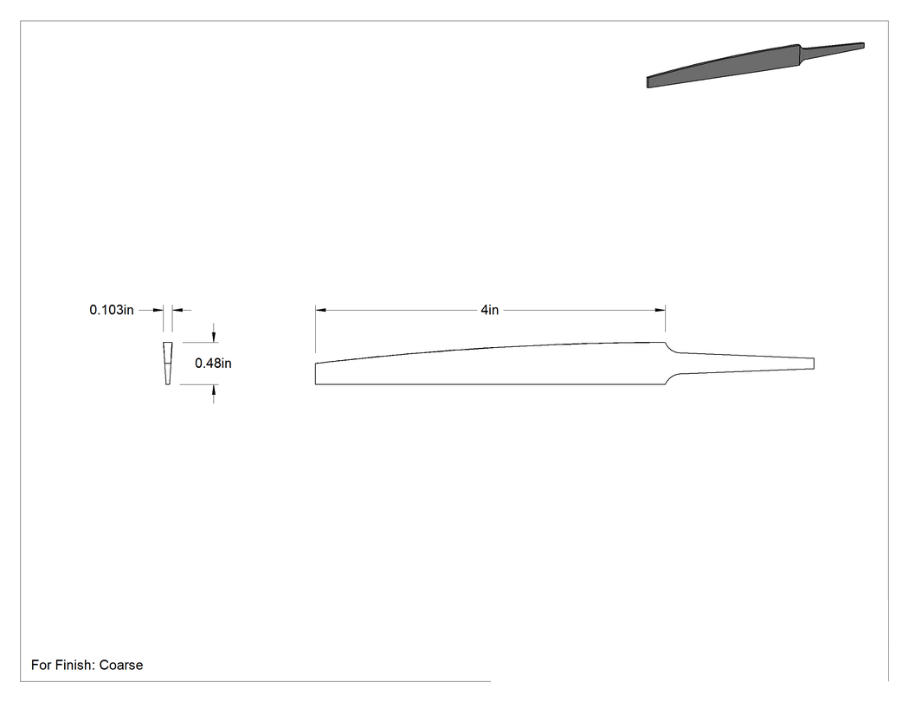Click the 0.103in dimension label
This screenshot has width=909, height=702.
click(112, 310)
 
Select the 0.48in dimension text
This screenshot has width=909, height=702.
click(213, 364)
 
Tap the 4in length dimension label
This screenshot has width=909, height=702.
click(489, 310)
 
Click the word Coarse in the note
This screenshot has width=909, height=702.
click(121, 665)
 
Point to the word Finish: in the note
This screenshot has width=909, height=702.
click(75, 665)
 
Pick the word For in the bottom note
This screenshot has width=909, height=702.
click(42, 665)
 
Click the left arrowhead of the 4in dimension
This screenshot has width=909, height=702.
click(320, 310)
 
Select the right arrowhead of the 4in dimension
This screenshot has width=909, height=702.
click(661, 310)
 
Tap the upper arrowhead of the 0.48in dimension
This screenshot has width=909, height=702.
click(214, 338)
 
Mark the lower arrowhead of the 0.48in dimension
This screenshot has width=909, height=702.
click(214, 390)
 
